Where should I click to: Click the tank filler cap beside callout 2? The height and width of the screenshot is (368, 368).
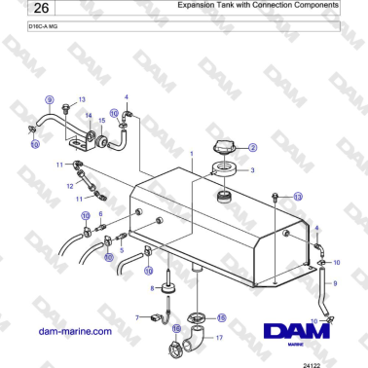tap(226, 149)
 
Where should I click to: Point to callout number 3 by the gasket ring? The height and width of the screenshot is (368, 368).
tap(253, 170)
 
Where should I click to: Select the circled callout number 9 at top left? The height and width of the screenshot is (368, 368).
tap(49, 98)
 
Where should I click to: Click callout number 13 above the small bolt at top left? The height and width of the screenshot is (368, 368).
tap(83, 99)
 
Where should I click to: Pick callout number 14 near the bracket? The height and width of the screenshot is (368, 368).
tap(89, 116)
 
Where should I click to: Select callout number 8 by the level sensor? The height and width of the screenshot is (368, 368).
tap(151, 288)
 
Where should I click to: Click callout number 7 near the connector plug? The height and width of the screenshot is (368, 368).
tap(140, 316)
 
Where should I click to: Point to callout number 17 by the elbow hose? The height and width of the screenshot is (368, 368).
tap(219, 337)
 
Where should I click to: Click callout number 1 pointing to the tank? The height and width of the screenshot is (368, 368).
tap(193, 154)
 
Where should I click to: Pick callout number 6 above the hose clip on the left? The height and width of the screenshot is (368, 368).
tap(100, 212)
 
